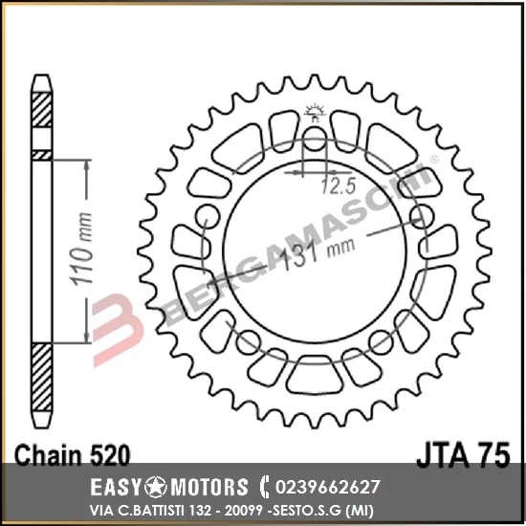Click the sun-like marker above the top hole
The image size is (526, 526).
[312, 113]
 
